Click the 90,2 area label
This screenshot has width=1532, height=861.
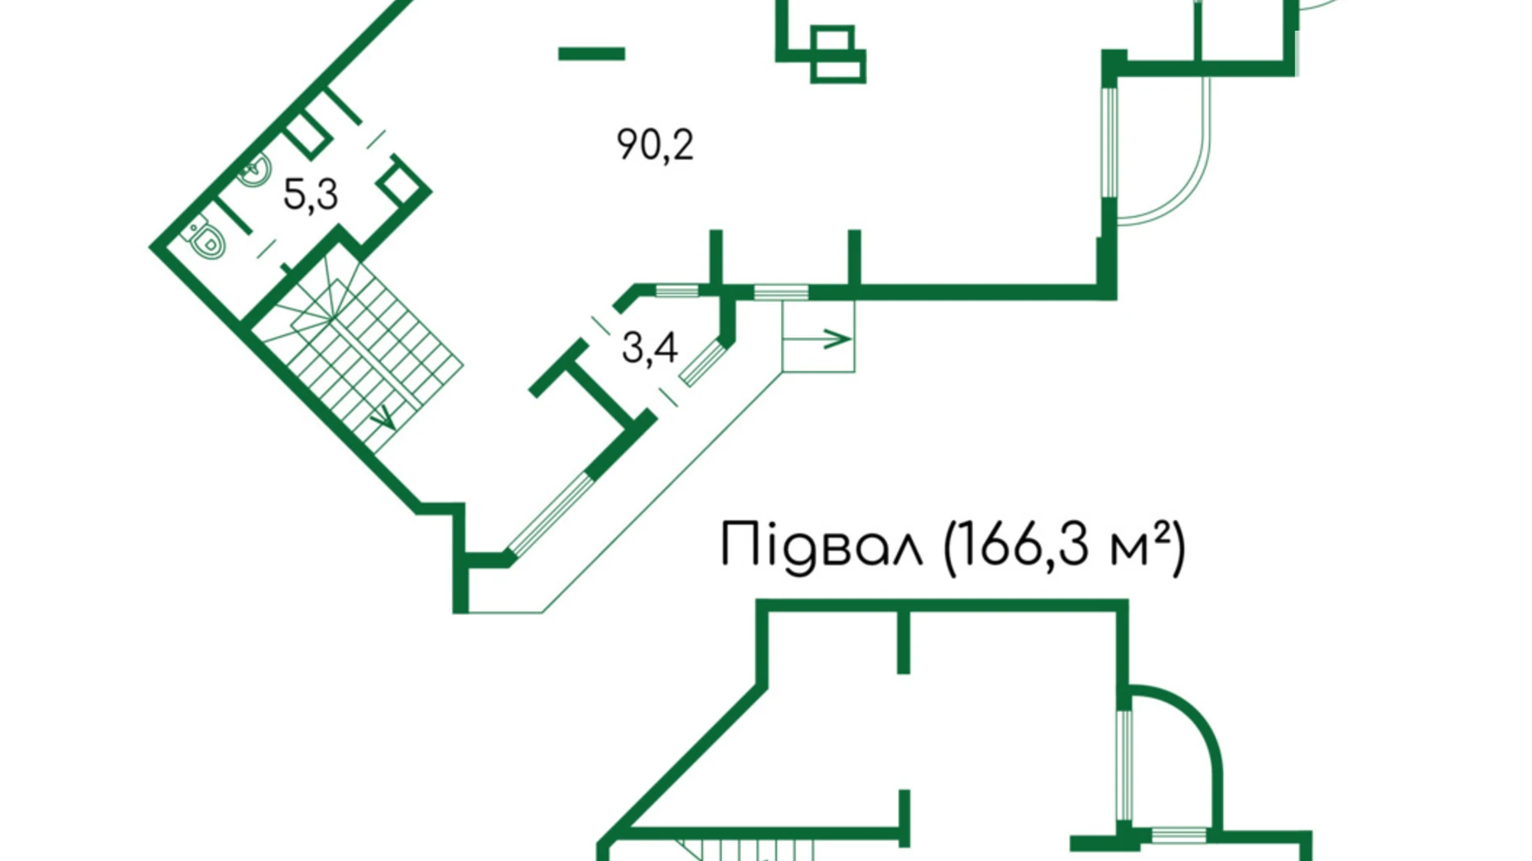[654, 145]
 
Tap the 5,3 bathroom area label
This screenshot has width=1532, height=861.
[310, 195]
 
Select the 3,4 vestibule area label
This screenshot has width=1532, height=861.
[649, 348]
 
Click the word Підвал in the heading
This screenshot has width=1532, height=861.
[821, 546]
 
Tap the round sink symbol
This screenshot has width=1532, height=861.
[256, 171]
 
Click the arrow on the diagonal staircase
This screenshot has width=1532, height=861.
[383, 418]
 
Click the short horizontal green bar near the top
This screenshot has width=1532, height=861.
[591, 54]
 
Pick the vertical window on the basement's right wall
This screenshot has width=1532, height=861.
[1124, 766]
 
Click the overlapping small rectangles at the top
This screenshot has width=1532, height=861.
[836, 55]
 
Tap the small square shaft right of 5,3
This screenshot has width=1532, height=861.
[401, 186]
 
